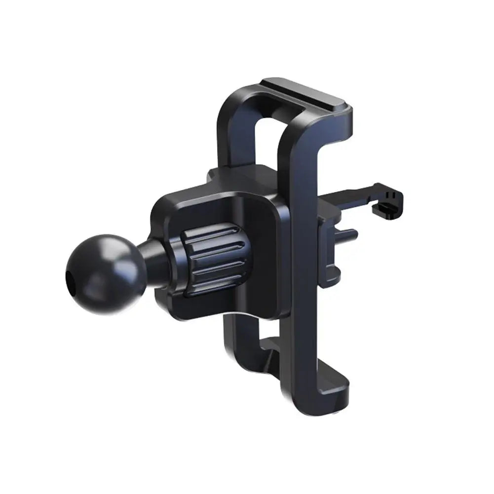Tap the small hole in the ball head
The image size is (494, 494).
click(x=69, y=274)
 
